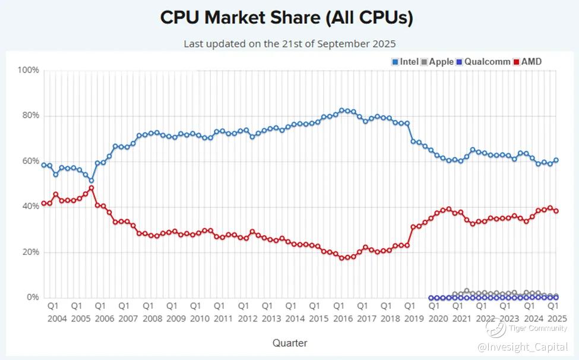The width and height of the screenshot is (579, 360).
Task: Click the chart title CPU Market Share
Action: click(x=287, y=18)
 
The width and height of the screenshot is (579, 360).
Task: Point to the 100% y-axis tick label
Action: click(x=28, y=70)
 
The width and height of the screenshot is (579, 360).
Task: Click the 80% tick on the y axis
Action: click(x=30, y=115)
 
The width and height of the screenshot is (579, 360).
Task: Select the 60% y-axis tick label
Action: click(x=30, y=161)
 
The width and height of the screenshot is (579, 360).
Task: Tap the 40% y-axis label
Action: click(x=30, y=207)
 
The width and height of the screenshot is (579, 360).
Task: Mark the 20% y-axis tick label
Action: click(x=30, y=252)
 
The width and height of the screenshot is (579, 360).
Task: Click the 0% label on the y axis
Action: click(x=32, y=297)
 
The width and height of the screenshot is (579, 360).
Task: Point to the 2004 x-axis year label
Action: click(x=56, y=318)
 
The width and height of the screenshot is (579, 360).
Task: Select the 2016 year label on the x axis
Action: click(x=343, y=318)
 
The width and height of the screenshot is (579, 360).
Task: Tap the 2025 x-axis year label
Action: click(x=556, y=318)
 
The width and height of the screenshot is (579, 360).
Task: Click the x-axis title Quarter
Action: click(x=290, y=343)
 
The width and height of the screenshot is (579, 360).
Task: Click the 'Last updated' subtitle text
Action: click(x=289, y=43)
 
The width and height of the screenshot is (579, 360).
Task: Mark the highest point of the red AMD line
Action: click(x=91, y=188)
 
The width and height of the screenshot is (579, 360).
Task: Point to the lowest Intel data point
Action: click(x=91, y=180)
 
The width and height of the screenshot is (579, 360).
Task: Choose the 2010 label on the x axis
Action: click(x=200, y=318)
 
